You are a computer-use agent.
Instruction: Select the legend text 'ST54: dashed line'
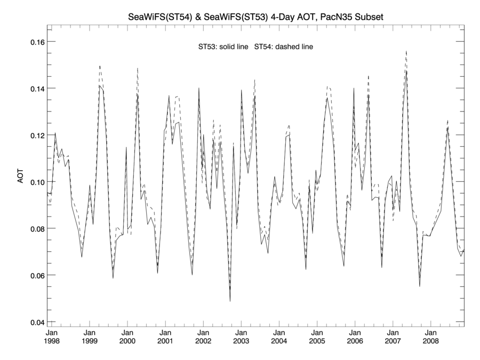pyautogui.click(x=284, y=47)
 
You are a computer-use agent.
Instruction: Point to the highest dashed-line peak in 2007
pyautogui.click(x=406, y=51)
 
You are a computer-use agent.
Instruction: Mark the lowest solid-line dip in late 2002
pyautogui.click(x=230, y=301)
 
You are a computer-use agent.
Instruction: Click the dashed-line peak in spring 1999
pyautogui.click(x=100, y=66)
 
